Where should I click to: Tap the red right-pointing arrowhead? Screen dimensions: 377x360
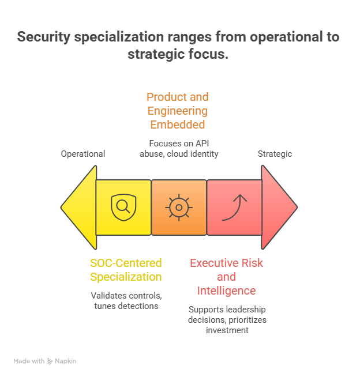(279, 207)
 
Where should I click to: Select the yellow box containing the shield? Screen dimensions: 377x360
(123, 208)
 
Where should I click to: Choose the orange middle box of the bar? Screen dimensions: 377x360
(179, 208)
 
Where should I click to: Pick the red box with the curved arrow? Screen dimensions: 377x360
(234, 208)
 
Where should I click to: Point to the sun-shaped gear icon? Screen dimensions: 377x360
(179, 207)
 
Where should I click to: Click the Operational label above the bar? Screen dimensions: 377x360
(83, 154)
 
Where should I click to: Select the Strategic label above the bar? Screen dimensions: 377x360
(276, 154)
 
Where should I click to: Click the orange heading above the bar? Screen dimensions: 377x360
(177, 108)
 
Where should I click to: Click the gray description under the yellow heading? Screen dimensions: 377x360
(126, 302)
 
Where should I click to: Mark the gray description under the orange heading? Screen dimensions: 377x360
(179, 149)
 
